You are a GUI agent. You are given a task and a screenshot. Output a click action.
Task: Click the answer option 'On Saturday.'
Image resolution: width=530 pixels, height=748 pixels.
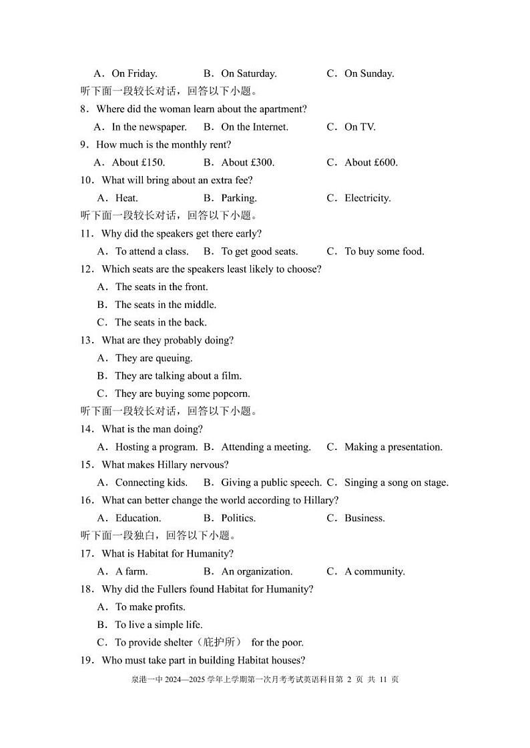pos(248,74)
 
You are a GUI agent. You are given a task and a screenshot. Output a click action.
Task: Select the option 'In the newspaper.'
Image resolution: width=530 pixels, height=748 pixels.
pos(149,127)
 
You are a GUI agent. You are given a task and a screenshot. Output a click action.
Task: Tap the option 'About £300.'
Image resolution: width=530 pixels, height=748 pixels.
pos(248,163)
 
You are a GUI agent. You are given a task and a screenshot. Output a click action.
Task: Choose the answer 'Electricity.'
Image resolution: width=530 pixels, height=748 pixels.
pos(367,198)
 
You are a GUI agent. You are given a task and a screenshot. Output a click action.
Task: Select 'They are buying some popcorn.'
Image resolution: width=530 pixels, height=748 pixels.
pos(182,393)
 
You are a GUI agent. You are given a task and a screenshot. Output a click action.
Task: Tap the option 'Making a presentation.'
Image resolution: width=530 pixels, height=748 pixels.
pos(393,447)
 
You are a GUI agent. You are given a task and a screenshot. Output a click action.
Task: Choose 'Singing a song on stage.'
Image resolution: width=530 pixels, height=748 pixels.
pos(396,483)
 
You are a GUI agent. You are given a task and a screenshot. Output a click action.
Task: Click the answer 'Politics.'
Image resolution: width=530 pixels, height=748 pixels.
pos(238,518)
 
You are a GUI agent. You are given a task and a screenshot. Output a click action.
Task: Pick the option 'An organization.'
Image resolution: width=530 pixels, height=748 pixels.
pos(256,571)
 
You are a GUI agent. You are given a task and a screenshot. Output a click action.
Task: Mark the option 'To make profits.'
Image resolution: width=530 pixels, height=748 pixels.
pos(150,607)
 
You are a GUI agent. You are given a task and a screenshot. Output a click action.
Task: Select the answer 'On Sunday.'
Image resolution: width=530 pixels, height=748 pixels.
pos(369,74)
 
